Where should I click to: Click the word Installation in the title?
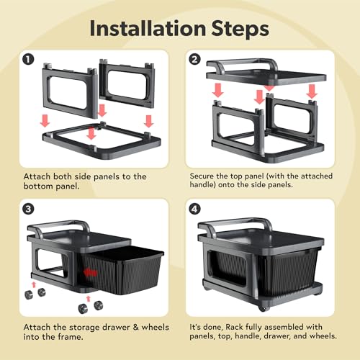coord(148,28)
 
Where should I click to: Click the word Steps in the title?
coord(240,30)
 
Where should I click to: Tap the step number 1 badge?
coord(28,60)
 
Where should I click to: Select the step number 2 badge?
coord(194,59)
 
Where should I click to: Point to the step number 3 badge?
coord(28,209)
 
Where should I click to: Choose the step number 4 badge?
coord(194,209)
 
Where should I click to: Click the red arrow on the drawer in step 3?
coord(90,273)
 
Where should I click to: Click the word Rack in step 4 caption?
coord(234,327)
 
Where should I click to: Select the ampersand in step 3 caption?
coord(136,327)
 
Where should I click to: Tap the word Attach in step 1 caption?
coord(37,176)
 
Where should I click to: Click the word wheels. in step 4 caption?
coord(323,336)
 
